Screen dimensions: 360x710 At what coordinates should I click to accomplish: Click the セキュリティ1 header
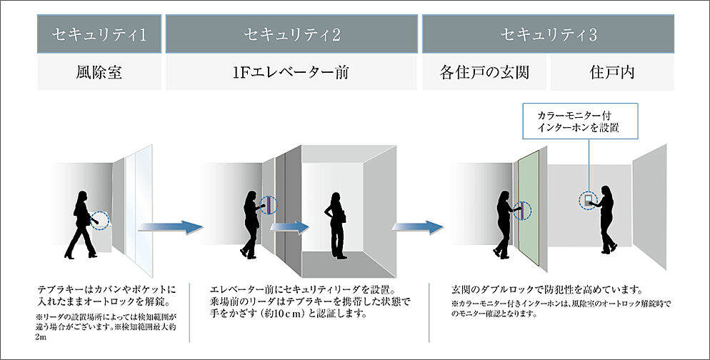click(x=99, y=34)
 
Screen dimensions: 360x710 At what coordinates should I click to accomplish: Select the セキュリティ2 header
click(x=291, y=34)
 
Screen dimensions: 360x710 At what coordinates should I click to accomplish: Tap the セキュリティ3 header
click(x=548, y=34)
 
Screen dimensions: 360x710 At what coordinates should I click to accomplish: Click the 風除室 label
click(x=99, y=72)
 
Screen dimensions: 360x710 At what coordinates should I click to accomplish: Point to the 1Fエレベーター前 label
click(x=291, y=72)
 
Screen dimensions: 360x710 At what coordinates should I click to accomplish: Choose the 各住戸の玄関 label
click(x=484, y=72)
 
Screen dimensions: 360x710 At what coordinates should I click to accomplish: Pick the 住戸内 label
click(x=612, y=72)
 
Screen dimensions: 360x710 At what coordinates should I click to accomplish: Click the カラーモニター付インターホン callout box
click(x=579, y=122)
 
